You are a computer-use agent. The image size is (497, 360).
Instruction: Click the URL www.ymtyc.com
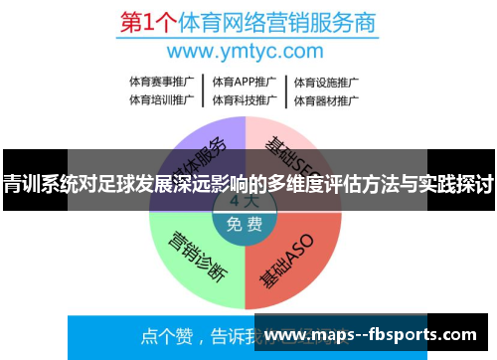(x=246, y=50)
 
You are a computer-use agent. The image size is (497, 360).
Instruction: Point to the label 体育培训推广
(x=159, y=99)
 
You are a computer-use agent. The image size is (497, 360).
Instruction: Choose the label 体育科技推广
(x=244, y=99)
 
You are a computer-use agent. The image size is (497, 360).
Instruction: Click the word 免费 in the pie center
(x=245, y=225)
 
